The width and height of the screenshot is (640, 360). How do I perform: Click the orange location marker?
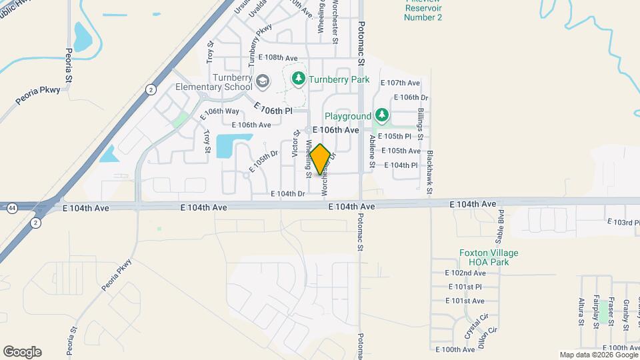(320, 159)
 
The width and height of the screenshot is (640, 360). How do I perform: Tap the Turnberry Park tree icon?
(299, 79)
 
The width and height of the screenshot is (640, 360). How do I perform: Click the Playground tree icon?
(381, 116)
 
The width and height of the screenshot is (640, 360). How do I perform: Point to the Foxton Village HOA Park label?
(489, 257)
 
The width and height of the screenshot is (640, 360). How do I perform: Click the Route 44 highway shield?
(13, 208)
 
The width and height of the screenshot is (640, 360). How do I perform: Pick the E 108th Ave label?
(278, 58)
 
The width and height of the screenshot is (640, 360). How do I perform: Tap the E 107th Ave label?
(400, 83)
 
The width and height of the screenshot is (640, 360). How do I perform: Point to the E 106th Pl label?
(273, 109)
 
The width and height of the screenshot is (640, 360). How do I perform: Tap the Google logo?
(22, 351)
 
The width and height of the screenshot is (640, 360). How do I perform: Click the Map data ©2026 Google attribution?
(598, 355)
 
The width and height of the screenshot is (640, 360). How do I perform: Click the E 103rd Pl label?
(623, 221)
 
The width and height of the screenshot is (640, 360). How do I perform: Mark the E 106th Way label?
(219, 115)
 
